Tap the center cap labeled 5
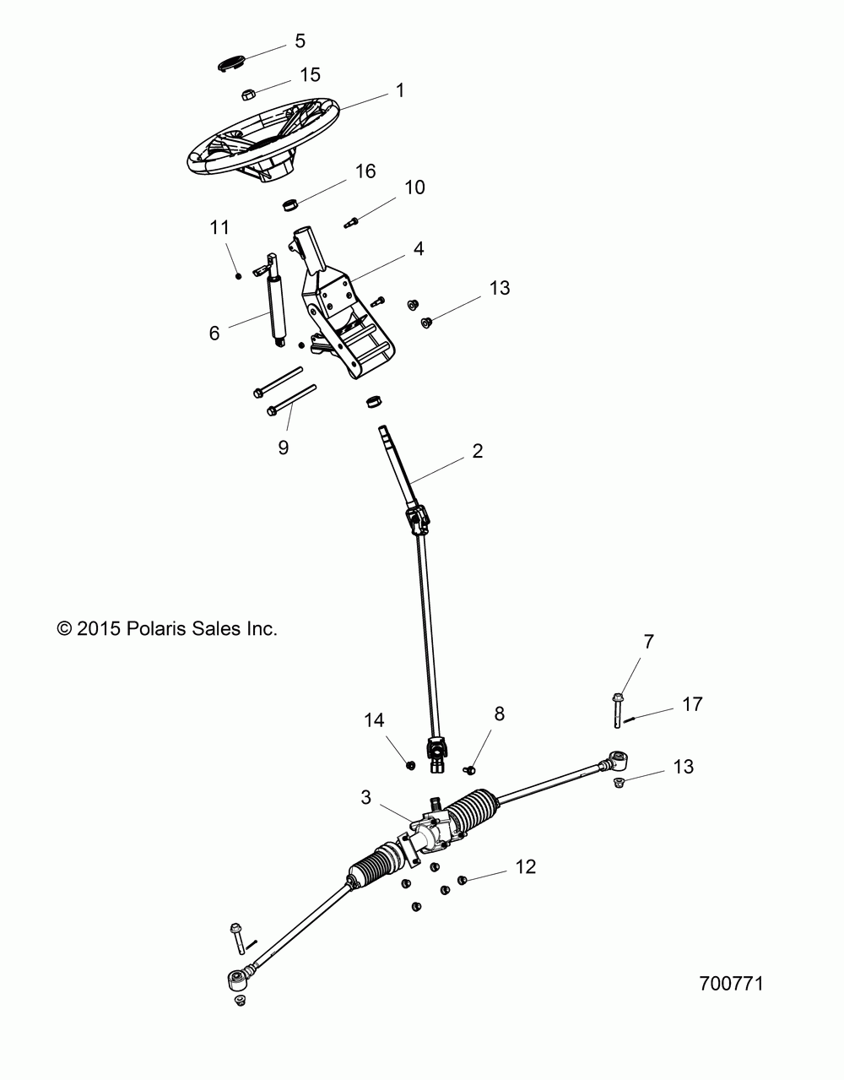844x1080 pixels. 233,64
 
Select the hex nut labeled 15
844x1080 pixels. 248,94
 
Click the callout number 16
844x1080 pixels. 365,171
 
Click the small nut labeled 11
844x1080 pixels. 239,276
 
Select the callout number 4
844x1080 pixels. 419,248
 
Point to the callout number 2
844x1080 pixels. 477,451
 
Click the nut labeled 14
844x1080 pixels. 410,765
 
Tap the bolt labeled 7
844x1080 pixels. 618,711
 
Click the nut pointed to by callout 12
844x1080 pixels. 462,880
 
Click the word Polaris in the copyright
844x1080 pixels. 157,629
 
